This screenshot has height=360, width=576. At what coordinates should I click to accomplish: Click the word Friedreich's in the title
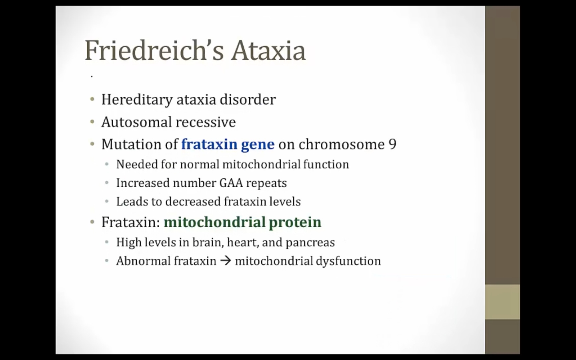[x=154, y=50]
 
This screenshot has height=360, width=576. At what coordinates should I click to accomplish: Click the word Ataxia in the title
[x=268, y=50]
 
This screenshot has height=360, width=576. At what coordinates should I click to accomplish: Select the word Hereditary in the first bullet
[x=137, y=100]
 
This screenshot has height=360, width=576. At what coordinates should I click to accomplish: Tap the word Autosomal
[x=136, y=122]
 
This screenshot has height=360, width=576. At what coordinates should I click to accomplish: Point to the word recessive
[x=206, y=122]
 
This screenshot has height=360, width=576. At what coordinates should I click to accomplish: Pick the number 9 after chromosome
[x=392, y=144]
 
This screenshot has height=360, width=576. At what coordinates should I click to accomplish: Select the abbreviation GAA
[x=231, y=183]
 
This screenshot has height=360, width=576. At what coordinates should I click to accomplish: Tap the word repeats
[x=266, y=184]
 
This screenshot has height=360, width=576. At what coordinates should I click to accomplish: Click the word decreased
[x=193, y=201]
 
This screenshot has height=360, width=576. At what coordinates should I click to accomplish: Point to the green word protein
[x=295, y=222]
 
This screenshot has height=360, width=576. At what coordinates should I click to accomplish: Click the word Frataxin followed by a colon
[x=131, y=222]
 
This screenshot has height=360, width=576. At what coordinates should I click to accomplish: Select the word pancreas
[x=310, y=243]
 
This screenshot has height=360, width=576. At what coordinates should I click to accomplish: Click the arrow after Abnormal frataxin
[x=226, y=261]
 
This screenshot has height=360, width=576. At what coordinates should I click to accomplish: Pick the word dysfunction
[x=348, y=261]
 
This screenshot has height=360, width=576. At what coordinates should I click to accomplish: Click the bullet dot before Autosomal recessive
[x=92, y=122]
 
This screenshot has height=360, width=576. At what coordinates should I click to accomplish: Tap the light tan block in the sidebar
[x=502, y=302]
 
